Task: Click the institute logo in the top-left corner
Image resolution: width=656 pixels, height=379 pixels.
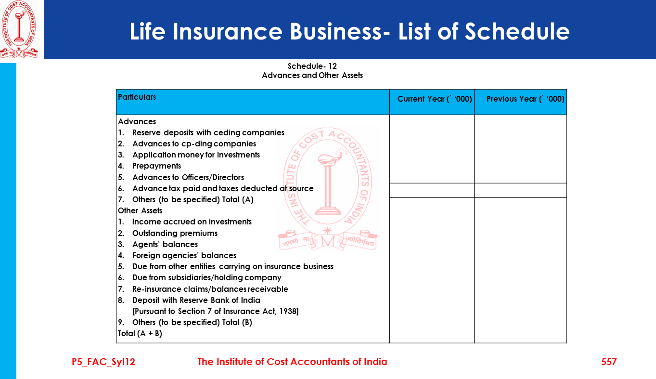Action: point(19,29)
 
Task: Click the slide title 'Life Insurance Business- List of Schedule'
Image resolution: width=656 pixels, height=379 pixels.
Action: point(349,32)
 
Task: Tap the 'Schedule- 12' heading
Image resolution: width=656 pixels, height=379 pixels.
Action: point(312,66)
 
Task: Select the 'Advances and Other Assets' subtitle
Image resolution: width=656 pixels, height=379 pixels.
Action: point(312,76)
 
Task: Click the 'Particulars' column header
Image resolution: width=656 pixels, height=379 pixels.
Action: point(137,97)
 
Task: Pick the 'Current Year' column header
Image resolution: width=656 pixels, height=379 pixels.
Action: point(434,99)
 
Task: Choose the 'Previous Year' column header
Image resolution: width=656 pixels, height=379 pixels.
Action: point(525,99)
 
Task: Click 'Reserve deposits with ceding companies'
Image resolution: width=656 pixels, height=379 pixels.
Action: point(208,133)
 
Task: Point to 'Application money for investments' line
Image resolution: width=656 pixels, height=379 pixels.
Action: point(196,155)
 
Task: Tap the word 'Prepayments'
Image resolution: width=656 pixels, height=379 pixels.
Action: point(156,166)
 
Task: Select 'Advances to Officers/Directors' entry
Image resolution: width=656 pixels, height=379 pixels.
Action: point(188,178)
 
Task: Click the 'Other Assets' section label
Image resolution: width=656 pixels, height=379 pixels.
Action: point(140,211)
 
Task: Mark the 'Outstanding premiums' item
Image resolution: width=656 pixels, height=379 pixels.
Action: point(175,234)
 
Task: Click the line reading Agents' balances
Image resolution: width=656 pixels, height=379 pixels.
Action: point(165,245)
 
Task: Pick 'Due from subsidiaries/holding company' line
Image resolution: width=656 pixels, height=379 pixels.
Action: point(206,278)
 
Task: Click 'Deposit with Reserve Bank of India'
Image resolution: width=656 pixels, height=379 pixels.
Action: point(196,301)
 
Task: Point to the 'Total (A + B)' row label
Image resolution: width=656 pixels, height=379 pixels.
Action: point(140,333)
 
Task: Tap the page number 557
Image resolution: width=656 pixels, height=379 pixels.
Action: point(608,362)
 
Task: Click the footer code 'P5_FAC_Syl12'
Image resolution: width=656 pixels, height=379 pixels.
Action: point(103,362)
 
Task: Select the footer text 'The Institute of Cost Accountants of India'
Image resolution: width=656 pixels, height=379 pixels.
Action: point(292,362)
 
